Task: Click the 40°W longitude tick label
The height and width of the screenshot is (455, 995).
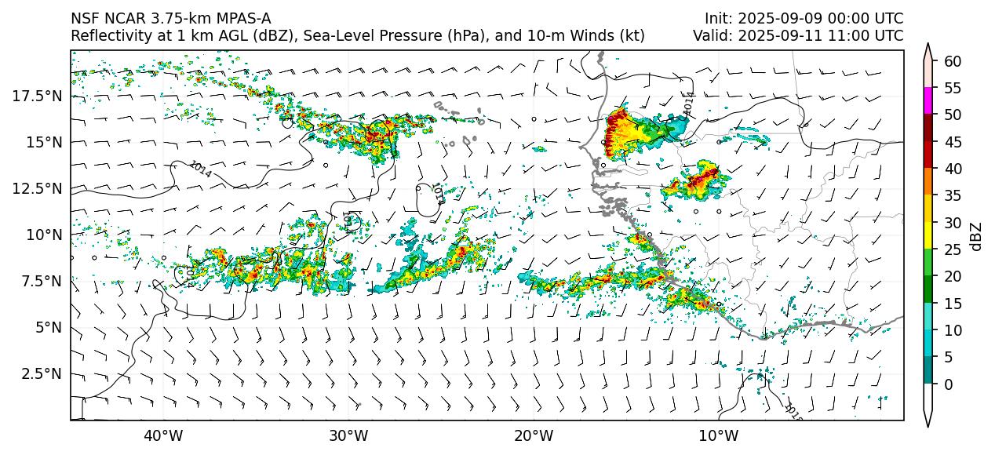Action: [163, 435]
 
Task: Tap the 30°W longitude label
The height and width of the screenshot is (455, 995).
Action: [348, 435]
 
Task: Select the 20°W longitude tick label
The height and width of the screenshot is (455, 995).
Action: [534, 435]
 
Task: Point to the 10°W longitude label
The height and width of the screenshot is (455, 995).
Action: [718, 435]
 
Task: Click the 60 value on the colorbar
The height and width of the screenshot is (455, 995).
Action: [953, 61]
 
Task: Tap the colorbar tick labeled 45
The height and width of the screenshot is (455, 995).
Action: [953, 142]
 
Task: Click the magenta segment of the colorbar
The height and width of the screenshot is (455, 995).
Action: [928, 101]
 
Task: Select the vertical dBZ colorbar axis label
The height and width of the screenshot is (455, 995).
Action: [976, 235]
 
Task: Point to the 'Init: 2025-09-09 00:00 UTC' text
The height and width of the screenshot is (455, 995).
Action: [804, 18]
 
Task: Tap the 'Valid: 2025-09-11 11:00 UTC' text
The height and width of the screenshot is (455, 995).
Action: [798, 35]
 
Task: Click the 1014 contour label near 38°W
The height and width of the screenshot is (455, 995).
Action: [200, 169]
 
